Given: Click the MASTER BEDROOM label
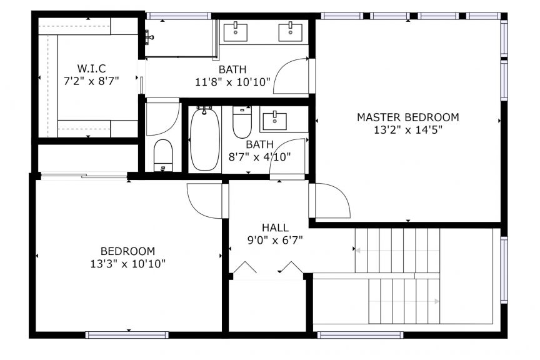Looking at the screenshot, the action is [407, 117].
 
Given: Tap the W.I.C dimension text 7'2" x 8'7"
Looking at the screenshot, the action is [91, 81].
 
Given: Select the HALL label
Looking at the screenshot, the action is [275, 227].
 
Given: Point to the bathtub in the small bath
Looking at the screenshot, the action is [204, 139].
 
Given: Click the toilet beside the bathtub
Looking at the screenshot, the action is [242, 122].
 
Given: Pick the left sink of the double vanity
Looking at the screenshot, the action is [236, 32].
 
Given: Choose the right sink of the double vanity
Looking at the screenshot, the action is [291, 32].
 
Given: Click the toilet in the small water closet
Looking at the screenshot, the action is [163, 155].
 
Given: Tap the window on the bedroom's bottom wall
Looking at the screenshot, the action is [127, 335].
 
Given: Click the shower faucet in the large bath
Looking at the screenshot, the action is [149, 36].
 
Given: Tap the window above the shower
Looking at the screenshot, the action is [179, 16].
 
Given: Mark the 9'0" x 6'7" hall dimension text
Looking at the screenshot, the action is [275, 240].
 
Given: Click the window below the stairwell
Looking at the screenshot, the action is [360, 335].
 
